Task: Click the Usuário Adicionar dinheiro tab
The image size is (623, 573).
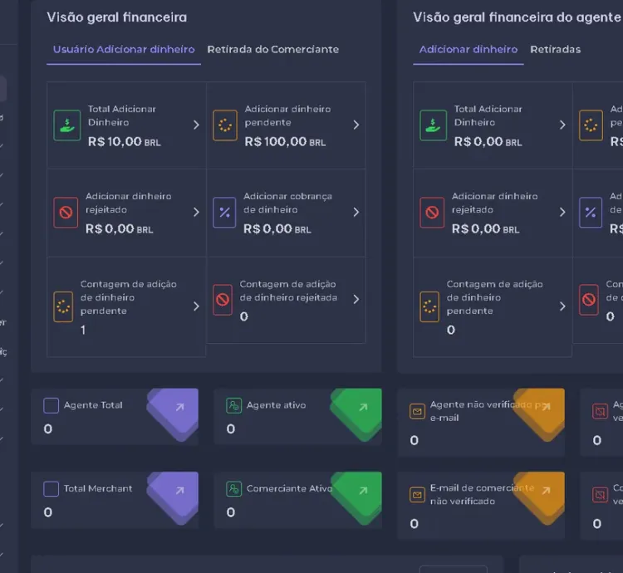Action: (124, 50)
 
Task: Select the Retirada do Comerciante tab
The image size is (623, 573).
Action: (272, 50)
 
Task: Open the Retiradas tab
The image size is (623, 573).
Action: (555, 50)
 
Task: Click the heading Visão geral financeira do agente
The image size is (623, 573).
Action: (517, 17)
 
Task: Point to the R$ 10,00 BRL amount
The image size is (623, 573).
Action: (124, 142)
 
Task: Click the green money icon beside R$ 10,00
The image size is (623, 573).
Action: (66, 125)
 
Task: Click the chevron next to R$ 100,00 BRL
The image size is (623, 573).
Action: (356, 125)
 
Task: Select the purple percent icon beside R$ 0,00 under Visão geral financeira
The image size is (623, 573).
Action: (224, 213)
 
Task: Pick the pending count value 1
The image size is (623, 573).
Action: (83, 330)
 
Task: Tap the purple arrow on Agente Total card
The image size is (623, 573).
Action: (179, 407)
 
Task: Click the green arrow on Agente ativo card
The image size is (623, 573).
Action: (362, 407)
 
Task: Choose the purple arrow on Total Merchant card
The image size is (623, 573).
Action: (179, 491)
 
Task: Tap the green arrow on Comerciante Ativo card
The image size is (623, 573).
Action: (362, 491)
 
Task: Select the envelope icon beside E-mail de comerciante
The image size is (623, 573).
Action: (417, 495)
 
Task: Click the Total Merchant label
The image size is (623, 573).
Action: (98, 488)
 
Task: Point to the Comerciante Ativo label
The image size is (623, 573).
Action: (289, 488)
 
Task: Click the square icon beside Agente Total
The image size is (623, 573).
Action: (52, 405)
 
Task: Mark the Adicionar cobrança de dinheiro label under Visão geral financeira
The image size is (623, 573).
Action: (287, 203)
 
